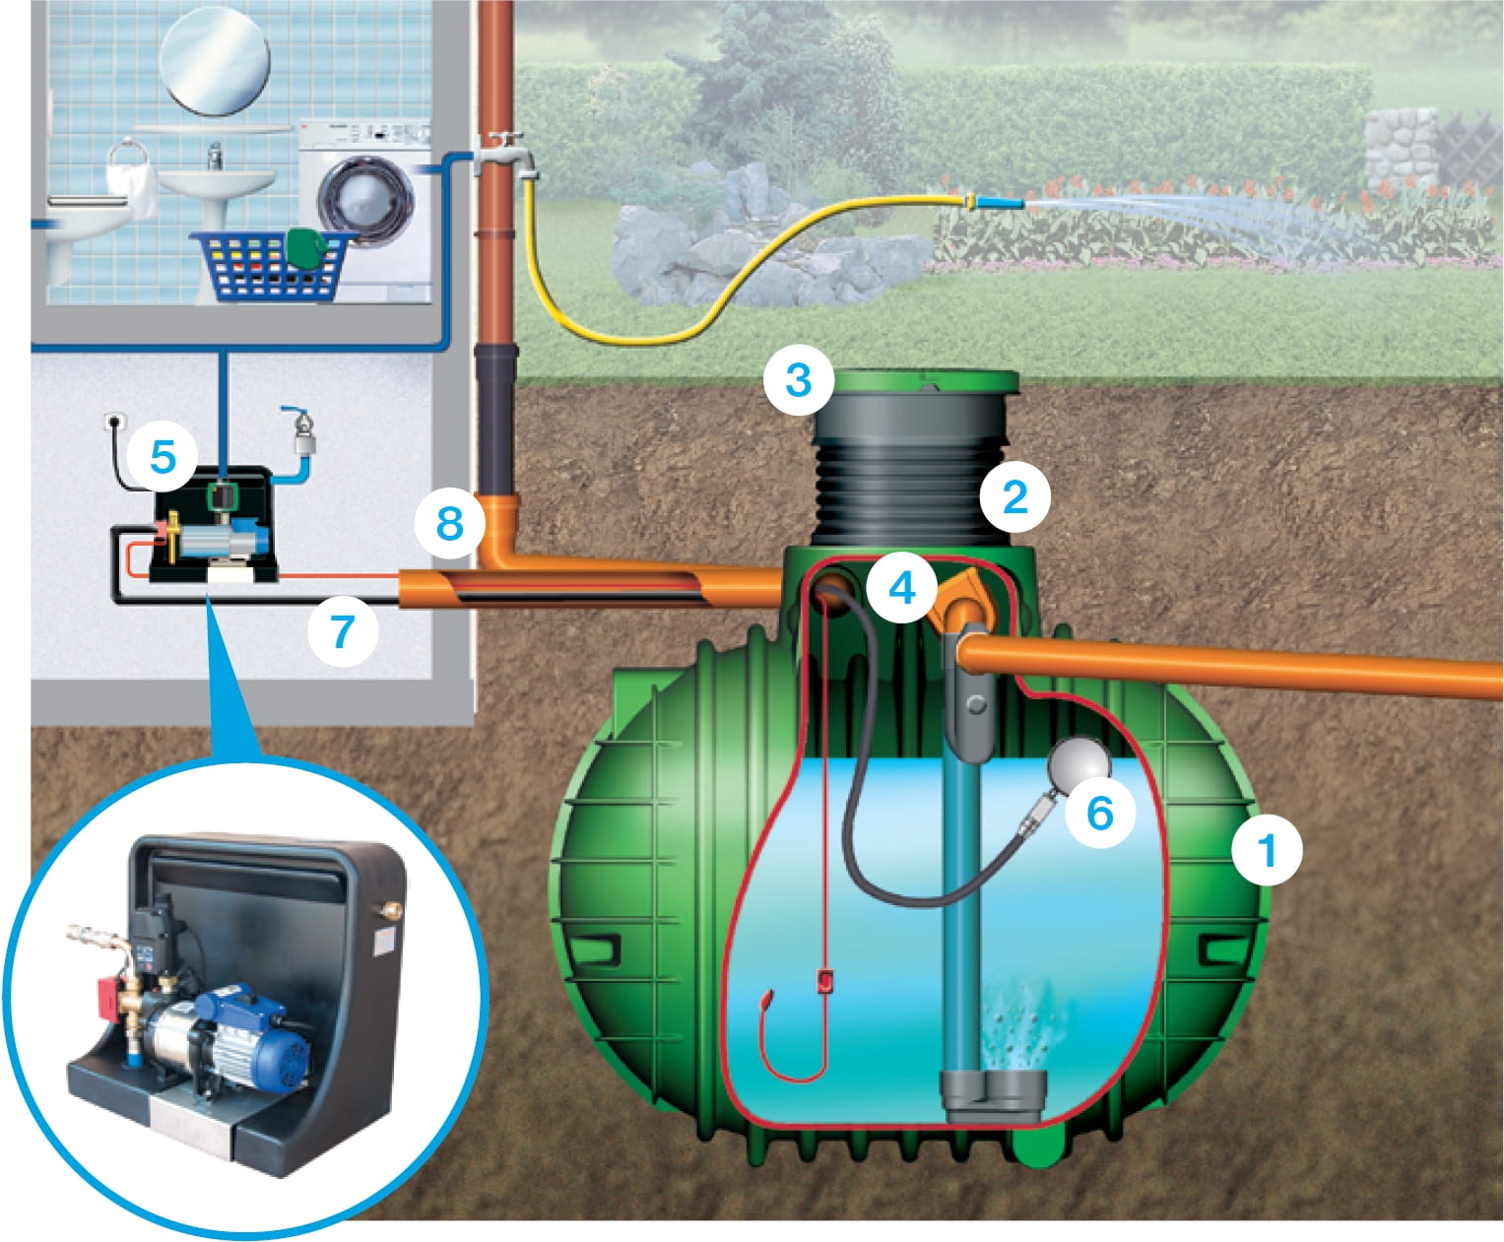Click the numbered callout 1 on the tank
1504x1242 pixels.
[x=1267, y=850]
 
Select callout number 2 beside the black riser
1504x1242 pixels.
[x=1014, y=496]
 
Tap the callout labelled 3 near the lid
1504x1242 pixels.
[x=799, y=379]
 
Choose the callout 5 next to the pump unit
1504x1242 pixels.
[x=163, y=457]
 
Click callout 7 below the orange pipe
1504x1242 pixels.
[x=342, y=630]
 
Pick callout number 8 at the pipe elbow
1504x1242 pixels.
[x=450, y=523]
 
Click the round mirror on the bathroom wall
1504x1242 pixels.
[x=215, y=61]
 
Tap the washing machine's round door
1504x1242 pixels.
[x=366, y=199]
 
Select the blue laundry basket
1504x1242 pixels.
[x=274, y=265]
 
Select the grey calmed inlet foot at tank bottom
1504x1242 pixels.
[x=994, y=1096]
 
